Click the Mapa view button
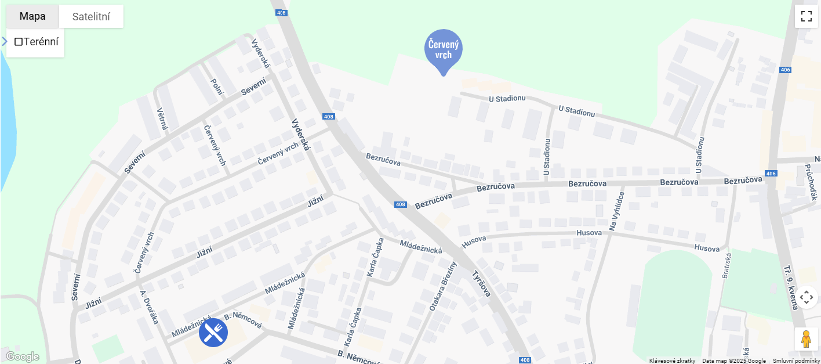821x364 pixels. point(32,16)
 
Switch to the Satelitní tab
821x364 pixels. point(91,16)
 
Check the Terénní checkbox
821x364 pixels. point(19,42)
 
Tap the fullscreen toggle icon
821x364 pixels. point(806,16)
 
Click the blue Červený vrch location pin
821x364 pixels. point(444,50)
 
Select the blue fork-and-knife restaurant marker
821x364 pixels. point(213,333)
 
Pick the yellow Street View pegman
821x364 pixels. point(806,339)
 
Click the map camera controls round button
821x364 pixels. point(806,298)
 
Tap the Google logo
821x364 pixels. point(22,356)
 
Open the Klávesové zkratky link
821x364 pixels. point(672,361)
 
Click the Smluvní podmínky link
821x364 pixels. point(796,361)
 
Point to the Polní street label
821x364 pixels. point(217,88)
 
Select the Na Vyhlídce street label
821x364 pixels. point(617,211)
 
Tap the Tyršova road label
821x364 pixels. point(481,284)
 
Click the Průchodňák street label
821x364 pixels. point(810,182)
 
